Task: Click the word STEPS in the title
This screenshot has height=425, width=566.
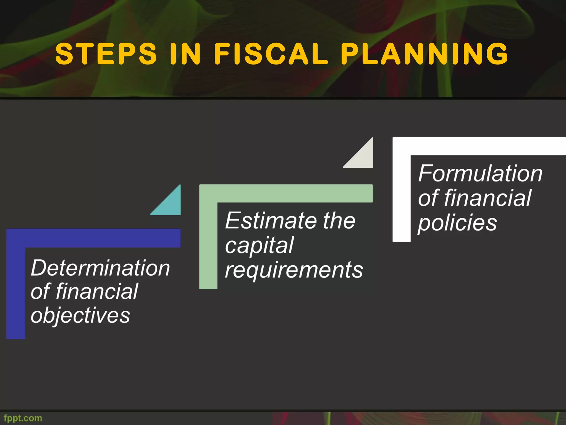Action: tap(106, 54)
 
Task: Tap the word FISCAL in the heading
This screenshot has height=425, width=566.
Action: tap(271, 54)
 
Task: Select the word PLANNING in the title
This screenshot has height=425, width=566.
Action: tap(424, 54)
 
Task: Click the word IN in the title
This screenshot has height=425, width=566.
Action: tap(185, 54)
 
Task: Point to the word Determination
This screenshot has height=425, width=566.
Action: tap(100, 268)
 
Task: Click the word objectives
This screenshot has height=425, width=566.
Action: tap(80, 315)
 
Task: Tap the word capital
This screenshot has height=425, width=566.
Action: tap(259, 245)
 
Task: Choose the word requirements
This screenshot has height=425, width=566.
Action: tap(294, 270)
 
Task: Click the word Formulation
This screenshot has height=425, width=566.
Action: tap(480, 173)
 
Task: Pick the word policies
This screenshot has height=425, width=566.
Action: tap(457, 223)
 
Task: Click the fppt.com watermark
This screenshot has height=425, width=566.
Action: tap(23, 418)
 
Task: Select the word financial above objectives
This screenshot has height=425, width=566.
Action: tap(97, 291)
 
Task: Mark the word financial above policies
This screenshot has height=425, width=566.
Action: tap(488, 198)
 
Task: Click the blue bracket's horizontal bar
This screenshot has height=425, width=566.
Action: tap(94, 238)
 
